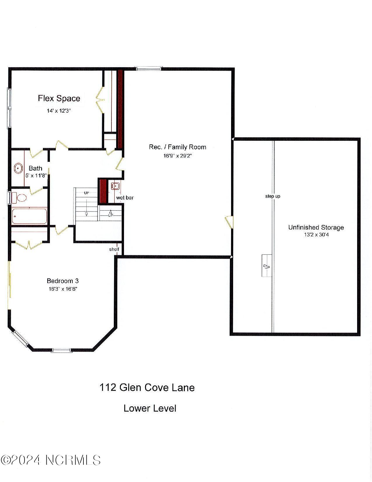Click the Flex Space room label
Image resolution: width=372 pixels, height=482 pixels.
pos(59,98)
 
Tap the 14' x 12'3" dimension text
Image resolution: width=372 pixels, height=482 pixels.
pos(59,111)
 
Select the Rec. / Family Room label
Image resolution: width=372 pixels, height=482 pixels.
pos(177,147)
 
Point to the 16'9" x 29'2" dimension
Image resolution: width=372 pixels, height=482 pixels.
pos(177,156)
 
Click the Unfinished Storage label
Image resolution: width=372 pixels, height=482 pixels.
pos(316,228)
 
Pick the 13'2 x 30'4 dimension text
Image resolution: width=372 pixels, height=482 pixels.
pos(316,235)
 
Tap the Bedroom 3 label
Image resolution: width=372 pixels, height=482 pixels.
pos(63,281)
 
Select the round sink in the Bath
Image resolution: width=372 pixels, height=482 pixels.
pos(18,169)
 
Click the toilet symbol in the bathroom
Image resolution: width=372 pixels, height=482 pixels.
pos(21,198)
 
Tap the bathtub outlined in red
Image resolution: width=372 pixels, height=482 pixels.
pos(29,216)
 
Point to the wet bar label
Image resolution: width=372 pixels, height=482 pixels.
pos(125,198)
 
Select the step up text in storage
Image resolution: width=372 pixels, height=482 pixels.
pos(273,196)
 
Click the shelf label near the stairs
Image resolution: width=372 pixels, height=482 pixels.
pos(114,249)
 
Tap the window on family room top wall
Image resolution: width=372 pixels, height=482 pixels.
pos(149,69)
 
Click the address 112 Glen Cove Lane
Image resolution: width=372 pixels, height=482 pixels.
pos(147,388)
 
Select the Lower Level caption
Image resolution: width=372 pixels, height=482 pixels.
pos(150,408)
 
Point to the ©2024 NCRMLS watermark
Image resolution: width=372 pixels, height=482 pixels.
pos(51,460)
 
